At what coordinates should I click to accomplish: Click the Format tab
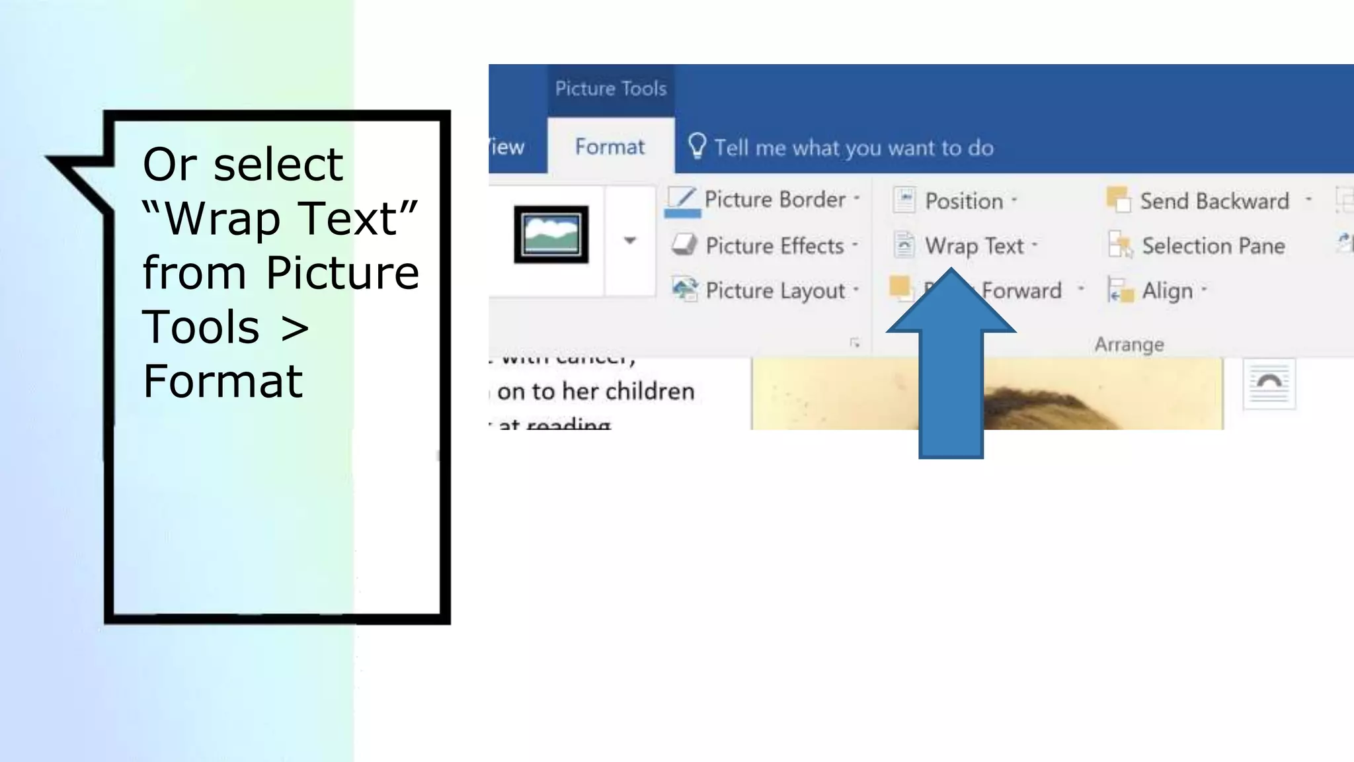(x=609, y=146)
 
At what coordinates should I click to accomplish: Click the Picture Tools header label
(x=610, y=89)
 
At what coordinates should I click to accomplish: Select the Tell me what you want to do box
(x=853, y=148)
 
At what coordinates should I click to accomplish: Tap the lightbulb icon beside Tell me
(x=697, y=146)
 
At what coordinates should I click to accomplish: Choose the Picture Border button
(x=764, y=200)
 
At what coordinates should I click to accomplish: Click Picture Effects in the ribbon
(x=765, y=246)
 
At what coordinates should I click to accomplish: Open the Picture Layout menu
(x=765, y=291)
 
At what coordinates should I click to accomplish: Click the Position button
(x=955, y=201)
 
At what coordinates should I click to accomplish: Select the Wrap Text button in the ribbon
(x=965, y=246)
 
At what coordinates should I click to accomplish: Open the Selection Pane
(x=1198, y=246)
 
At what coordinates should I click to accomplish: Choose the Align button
(x=1157, y=291)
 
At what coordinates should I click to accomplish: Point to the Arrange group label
(x=1129, y=345)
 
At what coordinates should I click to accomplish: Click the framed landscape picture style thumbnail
(x=551, y=234)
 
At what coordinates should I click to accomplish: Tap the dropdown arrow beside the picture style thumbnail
(x=630, y=241)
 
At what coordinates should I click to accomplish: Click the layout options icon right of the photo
(x=1269, y=384)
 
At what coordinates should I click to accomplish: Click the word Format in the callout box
(x=223, y=382)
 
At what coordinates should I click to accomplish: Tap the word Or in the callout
(x=170, y=164)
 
